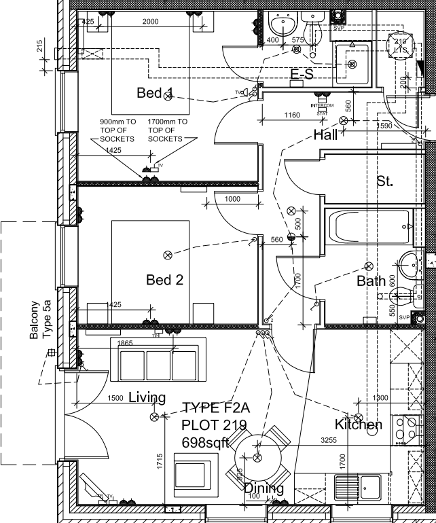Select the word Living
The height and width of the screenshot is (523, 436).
click(147, 397)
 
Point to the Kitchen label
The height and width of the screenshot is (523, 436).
click(358, 425)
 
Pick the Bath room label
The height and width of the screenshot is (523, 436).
click(371, 280)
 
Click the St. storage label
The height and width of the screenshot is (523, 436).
click(385, 181)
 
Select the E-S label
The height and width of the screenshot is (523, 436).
click(302, 75)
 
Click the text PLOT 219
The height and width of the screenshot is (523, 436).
click(213, 425)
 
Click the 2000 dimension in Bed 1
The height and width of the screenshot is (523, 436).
click(150, 22)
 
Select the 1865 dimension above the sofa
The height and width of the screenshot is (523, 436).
click(125, 344)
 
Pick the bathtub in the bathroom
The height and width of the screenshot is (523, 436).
click(367, 227)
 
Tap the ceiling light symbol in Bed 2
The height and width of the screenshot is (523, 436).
click(167, 255)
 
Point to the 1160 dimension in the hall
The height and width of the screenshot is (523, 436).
click(291, 115)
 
